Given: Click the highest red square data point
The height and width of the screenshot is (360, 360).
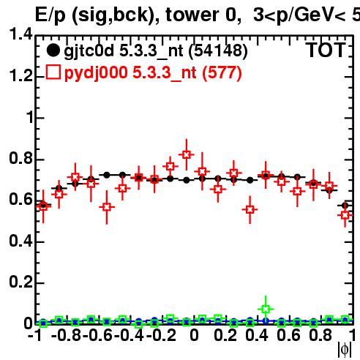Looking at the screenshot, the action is pyautogui.click(x=187, y=154).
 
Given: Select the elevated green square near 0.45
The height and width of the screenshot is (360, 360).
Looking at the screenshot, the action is pyautogui.click(x=266, y=310).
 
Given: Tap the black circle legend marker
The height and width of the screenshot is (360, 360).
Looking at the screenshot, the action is pyautogui.click(x=53, y=50).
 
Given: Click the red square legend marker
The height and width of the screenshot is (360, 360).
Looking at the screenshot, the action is pyautogui.click(x=53, y=72).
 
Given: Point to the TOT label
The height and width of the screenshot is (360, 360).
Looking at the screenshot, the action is pyautogui.click(x=326, y=50).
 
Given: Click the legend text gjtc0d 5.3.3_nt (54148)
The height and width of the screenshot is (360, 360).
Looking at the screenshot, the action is pyautogui.click(x=156, y=51).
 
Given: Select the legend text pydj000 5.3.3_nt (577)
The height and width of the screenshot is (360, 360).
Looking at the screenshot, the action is pyautogui.click(x=153, y=73).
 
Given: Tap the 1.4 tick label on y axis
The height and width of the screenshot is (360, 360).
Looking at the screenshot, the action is pyautogui.click(x=20, y=34).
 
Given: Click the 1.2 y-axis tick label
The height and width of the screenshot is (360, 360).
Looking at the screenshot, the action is pyautogui.click(x=20, y=76).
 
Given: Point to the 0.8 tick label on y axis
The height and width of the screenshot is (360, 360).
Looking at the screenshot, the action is pyautogui.click(x=20, y=158).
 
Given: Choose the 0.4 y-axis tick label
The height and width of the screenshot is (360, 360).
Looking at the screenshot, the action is pyautogui.click(x=20, y=241).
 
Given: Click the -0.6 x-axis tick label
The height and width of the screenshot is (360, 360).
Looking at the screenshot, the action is pyautogui.click(x=97, y=336).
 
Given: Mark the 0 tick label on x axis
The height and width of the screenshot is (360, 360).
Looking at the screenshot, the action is pyautogui.click(x=194, y=336).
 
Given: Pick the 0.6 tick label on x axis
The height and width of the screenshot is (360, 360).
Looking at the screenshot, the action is pyautogui.click(x=288, y=336).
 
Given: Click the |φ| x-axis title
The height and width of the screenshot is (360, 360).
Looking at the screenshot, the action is pyautogui.click(x=345, y=350).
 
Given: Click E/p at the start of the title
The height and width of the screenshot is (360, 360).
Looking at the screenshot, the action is pyautogui.click(x=50, y=15).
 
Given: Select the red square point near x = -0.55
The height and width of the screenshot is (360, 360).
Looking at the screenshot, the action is pyautogui.click(x=107, y=207).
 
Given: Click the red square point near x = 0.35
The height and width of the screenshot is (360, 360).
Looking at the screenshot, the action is pyautogui.click(x=250, y=209).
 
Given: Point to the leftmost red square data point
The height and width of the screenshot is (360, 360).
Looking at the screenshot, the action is pyautogui.click(x=43, y=207).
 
